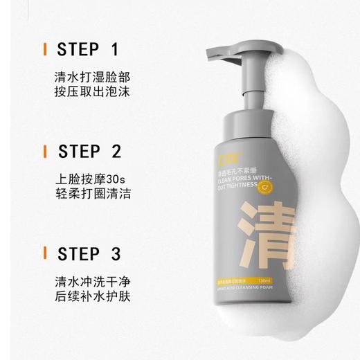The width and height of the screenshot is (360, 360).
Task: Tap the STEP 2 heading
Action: (x=89, y=151)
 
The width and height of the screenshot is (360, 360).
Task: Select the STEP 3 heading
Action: (x=89, y=253)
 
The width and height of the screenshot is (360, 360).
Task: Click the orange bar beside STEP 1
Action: (x=45, y=50)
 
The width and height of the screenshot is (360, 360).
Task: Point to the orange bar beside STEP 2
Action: (x=45, y=151)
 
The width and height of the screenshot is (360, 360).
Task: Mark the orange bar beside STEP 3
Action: (x=45, y=253)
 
